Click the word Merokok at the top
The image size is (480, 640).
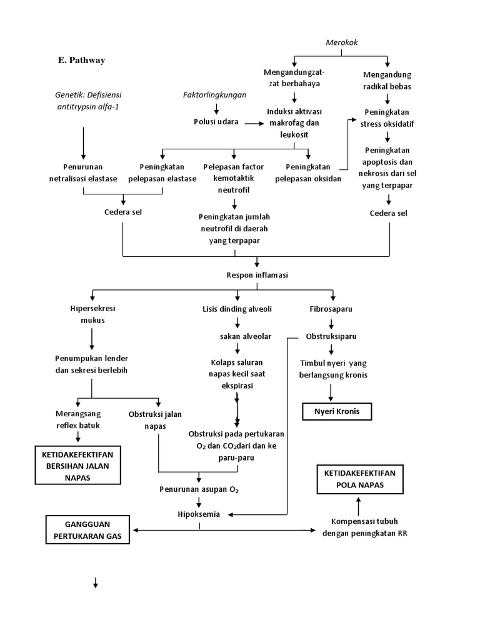341,42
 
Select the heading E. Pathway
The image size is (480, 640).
81,61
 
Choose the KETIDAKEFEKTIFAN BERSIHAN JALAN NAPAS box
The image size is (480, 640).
77,464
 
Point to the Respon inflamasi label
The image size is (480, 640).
249,275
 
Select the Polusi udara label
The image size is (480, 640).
216,122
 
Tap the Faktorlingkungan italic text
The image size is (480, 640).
214,95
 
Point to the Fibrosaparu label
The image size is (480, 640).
331,309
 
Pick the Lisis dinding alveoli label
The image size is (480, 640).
237,309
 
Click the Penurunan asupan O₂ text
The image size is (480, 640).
199,489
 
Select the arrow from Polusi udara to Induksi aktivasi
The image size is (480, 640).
254,123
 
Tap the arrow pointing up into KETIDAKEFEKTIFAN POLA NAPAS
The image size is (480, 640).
359,504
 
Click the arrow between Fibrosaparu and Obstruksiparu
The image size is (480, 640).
331,323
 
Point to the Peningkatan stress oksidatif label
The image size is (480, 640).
388,117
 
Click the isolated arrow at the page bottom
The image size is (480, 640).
96,583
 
